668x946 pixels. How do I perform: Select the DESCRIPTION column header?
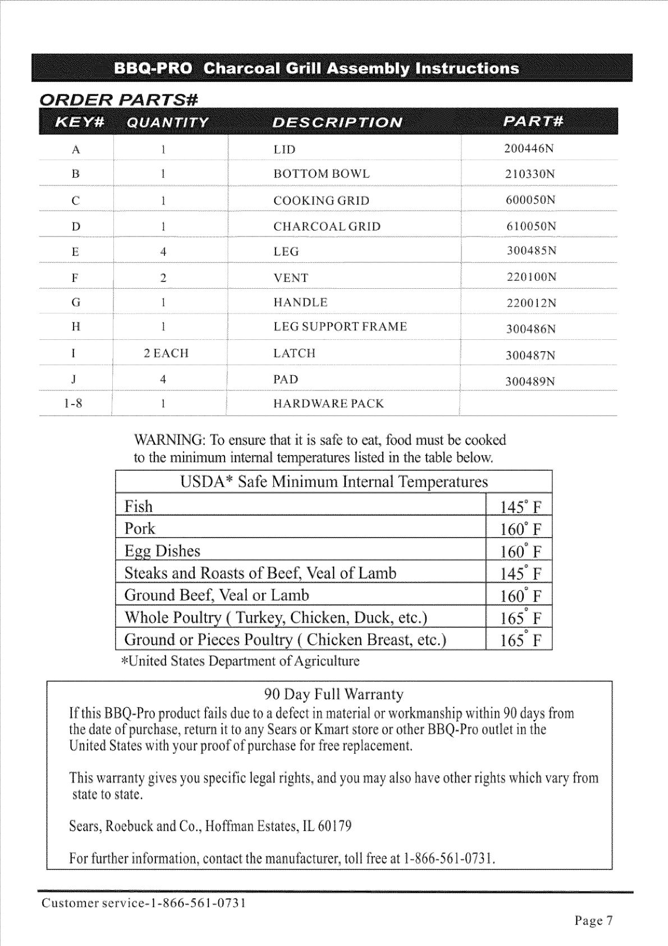pos(337,122)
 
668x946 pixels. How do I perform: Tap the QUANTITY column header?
pos(167,122)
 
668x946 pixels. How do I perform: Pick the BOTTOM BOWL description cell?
pos(322,174)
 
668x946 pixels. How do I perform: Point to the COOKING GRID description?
pos(321,201)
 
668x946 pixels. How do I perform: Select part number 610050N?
pos(531,226)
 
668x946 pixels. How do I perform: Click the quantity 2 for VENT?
pos(163,278)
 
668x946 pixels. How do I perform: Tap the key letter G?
pos(76,303)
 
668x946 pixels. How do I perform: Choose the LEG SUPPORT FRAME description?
pos(340,327)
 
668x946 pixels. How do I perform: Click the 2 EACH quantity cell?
pos(166,353)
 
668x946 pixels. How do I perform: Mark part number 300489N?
pos(530,381)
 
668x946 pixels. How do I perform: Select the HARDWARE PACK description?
pos(328,404)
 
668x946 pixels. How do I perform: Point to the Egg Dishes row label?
pos(162,551)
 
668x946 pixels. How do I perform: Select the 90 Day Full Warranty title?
pos(334,694)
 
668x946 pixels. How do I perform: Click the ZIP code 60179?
pos(335,826)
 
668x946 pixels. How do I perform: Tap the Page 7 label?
pos(593,921)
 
